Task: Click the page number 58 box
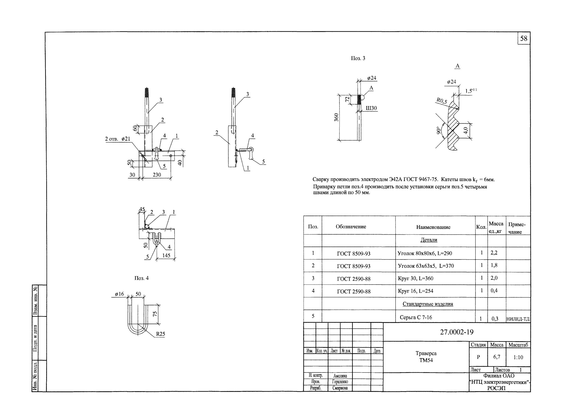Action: click(524, 38)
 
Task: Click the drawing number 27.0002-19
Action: click(457, 332)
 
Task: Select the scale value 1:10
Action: click(518, 357)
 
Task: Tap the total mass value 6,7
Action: click(496, 357)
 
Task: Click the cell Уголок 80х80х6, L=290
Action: click(425, 253)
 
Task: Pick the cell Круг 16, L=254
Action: click(415, 291)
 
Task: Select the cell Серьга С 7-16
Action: click(416, 317)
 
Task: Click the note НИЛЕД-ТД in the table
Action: click(518, 319)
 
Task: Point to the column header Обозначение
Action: click(351, 226)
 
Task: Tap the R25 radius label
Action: click(160, 334)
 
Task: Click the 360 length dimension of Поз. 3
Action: click(337, 117)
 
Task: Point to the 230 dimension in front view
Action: click(157, 175)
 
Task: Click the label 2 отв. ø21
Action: click(117, 139)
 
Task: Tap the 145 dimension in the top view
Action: click(166, 255)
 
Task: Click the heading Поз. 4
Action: click(141, 278)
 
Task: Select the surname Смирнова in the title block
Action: click(340, 388)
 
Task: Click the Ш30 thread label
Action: click(371, 108)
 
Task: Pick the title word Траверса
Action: click(426, 353)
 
